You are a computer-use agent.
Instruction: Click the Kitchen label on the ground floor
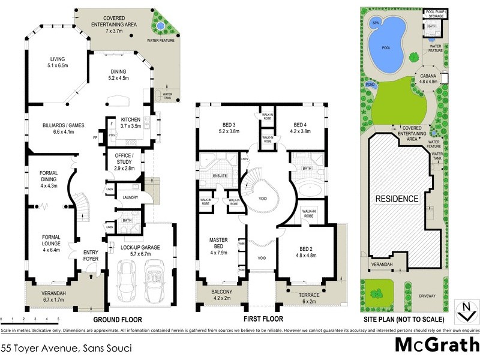click(130, 122)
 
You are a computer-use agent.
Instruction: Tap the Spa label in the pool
click(376, 23)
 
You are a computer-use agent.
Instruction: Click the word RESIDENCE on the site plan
click(397, 199)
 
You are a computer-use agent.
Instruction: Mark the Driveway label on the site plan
click(430, 296)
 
